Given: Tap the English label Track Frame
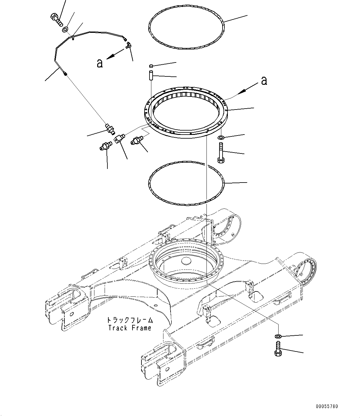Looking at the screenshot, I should click(130, 328).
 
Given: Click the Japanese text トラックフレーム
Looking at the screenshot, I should click(130, 320).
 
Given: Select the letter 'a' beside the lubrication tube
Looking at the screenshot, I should click(99, 63).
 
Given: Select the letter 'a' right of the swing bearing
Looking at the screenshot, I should click(264, 80).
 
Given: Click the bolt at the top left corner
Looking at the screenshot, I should click(55, 19).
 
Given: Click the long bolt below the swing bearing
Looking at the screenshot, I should click(221, 153).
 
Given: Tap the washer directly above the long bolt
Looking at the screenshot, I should click(221, 137).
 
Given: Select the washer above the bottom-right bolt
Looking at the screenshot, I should click(278, 336).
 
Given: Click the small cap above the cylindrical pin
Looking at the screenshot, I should click(151, 66).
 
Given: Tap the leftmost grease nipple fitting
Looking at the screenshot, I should click(106, 145).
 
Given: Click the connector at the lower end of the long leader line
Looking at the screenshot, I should click(109, 127).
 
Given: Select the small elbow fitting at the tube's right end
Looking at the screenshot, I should click(128, 46).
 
